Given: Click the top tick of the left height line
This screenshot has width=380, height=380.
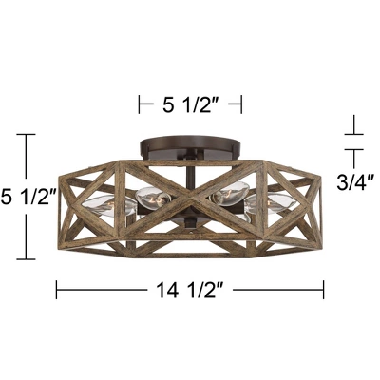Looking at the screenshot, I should pos(27,136).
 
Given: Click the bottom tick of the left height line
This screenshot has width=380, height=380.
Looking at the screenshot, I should pos(27,258).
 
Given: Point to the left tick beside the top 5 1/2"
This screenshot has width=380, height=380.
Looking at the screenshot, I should pos(141,103).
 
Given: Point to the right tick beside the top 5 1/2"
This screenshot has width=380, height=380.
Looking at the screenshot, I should pos(241,103).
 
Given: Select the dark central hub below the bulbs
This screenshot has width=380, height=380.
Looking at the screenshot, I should pos(190,225).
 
